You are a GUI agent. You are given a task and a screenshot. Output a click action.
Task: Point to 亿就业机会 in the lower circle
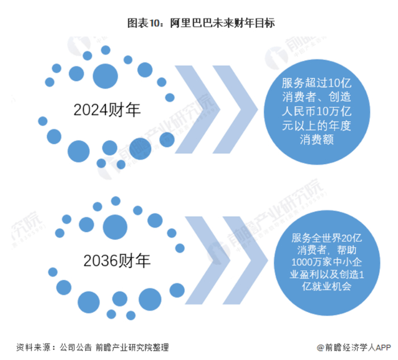coord(322,288)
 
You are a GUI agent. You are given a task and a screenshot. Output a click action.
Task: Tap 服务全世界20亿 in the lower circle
coord(322,238)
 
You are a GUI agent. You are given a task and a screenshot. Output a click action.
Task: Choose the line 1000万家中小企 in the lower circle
coord(322,263)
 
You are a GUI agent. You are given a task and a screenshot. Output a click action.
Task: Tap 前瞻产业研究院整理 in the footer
coord(133,347)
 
